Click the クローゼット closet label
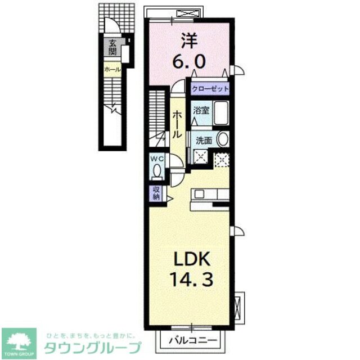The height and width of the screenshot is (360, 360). (210, 89)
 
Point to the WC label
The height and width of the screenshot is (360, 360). (157, 158)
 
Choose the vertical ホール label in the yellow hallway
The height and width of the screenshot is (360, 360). (177, 125)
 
